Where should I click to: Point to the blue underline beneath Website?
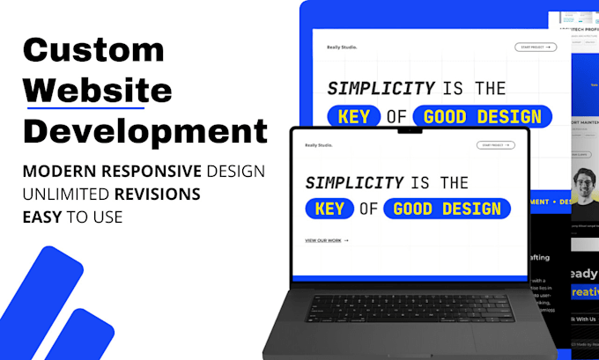(97, 107)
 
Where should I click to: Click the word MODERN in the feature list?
(60, 171)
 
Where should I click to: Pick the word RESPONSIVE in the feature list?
(158, 171)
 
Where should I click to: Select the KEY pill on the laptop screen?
(330, 209)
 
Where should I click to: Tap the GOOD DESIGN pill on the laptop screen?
(447, 209)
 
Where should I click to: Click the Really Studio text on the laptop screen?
(320, 145)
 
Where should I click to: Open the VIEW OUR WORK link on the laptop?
(326, 239)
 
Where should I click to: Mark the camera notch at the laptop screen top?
(410, 130)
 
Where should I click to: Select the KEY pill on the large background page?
(354, 116)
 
